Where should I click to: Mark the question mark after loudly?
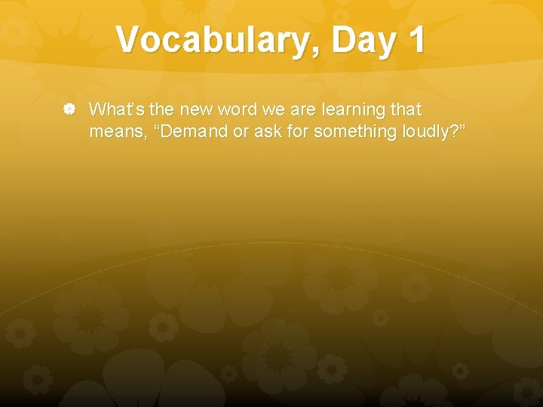(455, 132)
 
